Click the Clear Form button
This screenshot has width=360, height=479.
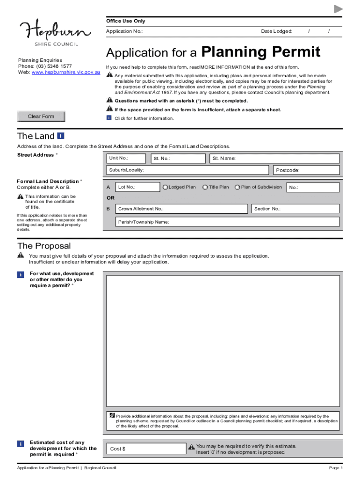pos(41,116)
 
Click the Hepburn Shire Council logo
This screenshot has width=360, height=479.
pos(55,32)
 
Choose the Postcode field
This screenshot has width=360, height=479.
pos(307,170)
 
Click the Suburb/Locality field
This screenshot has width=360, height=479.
pos(187,170)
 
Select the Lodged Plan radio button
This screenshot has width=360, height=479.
pos(165,188)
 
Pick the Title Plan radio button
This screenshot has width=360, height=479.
pos(205,188)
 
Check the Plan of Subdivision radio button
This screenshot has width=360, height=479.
pos(238,188)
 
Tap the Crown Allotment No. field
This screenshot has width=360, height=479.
pos(182,209)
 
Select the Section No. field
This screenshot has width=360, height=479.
pos(295,209)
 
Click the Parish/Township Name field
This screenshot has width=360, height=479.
pos(227,222)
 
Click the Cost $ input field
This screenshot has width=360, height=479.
pos(146,449)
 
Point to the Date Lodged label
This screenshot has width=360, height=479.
pos(276,31)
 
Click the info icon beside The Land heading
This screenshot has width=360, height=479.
pos(60,136)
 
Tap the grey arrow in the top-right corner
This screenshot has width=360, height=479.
pos(338,9)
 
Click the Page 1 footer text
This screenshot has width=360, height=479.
pos(336,468)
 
